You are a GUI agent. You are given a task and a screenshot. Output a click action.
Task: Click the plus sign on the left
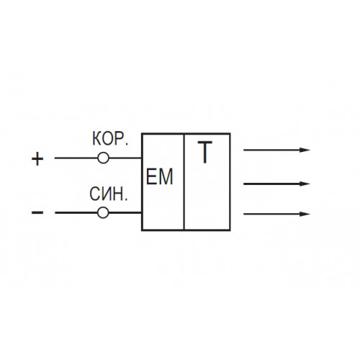[37, 158]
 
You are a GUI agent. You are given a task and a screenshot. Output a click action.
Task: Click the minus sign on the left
[37, 212]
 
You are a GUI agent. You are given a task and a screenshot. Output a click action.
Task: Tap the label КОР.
[110, 139]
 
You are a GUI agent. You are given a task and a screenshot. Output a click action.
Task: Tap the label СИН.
[109, 194]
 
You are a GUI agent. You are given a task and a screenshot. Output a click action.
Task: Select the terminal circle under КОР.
[104, 158]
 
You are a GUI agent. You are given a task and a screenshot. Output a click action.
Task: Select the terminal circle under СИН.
[103, 212]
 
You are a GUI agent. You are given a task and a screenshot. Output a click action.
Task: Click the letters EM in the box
[159, 176]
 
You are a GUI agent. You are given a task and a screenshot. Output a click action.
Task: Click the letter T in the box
[204, 152]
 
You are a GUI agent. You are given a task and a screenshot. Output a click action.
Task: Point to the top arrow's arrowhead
[305, 150]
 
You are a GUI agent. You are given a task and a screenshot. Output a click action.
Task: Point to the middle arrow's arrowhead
[305, 184]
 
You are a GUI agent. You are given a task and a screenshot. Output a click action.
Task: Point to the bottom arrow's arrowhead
[305, 214]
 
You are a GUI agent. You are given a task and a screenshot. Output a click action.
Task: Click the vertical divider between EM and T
[184, 181]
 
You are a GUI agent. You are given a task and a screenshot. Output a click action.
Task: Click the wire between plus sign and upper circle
[76, 158]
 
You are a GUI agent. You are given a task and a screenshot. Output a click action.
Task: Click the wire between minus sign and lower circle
[76, 212]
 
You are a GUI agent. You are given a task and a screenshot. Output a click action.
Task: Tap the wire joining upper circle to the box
[125, 158]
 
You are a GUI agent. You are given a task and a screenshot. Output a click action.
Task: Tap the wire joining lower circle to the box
[125, 212]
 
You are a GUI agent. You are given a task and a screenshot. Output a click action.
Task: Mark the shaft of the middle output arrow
[271, 184]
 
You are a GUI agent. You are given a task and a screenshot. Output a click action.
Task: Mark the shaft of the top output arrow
[271, 150]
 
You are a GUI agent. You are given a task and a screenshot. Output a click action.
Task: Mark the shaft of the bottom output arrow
[271, 214]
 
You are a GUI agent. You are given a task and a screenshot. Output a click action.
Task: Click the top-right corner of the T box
[230, 133]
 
